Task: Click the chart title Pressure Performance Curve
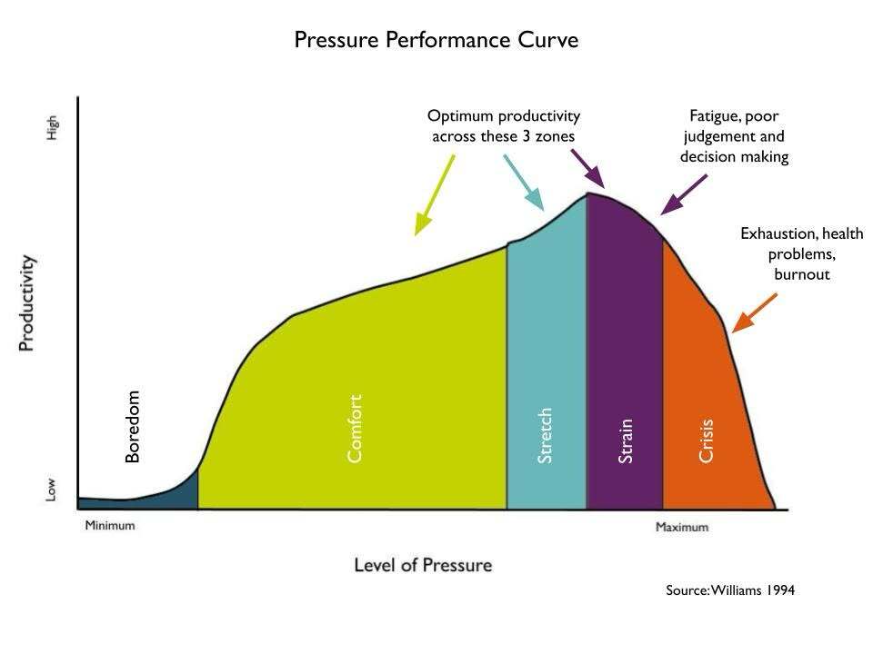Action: click(436, 40)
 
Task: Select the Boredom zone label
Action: click(133, 427)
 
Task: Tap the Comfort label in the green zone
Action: click(355, 428)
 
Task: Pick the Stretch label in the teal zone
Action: click(545, 435)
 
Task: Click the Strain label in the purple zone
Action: click(626, 441)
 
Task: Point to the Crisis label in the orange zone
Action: click(706, 441)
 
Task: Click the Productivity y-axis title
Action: click(26, 303)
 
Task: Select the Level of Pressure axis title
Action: click(423, 565)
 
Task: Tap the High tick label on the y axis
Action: click(52, 128)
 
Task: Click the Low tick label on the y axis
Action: click(51, 490)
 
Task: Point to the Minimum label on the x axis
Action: click(110, 526)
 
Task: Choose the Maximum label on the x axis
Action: click(682, 527)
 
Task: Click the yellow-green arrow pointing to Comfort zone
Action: click(435, 195)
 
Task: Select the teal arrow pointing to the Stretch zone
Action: click(524, 183)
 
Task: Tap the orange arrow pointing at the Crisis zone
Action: click(755, 313)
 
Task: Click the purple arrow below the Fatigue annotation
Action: click(684, 194)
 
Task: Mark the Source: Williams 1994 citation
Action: click(730, 590)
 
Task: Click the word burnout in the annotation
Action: click(802, 274)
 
